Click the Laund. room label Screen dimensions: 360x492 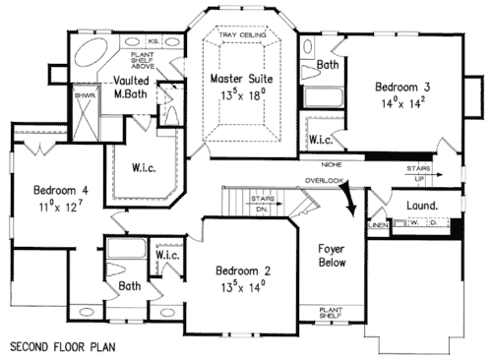[421, 205]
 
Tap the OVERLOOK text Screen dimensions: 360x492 [323, 181]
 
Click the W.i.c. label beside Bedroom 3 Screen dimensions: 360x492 [321, 140]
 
